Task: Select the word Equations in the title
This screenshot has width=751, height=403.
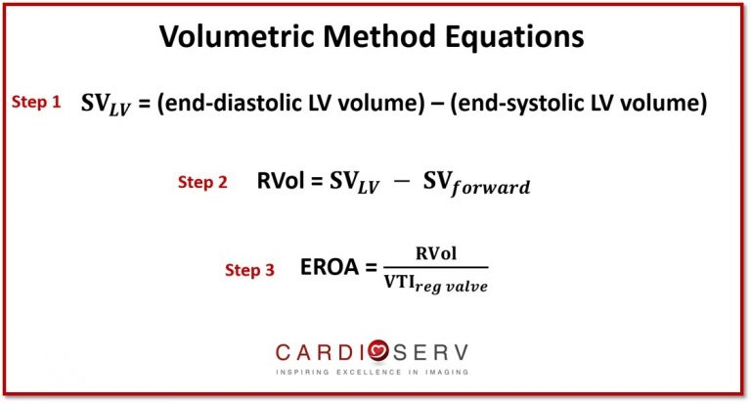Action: coord(515,37)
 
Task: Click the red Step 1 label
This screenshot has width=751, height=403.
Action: coord(36,102)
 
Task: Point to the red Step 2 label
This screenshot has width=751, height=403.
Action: coord(202,182)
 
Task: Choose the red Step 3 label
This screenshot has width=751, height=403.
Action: coord(249,270)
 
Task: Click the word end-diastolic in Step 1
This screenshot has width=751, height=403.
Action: coord(232,103)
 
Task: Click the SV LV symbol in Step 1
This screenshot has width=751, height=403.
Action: coord(106,105)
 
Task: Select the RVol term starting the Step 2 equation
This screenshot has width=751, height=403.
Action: coord(281,181)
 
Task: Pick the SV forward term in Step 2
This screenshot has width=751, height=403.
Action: coord(476,184)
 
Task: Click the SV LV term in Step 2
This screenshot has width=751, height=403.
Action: coord(354,183)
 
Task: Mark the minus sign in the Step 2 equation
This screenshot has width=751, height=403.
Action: coord(401,182)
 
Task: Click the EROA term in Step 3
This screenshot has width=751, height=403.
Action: coord(330,267)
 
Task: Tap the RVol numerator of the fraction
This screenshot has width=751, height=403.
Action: coord(436,253)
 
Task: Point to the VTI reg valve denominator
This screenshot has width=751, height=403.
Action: coord(436,285)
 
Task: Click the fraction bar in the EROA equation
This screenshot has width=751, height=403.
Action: coord(436,267)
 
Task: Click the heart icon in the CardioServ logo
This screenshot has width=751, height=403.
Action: coord(378,351)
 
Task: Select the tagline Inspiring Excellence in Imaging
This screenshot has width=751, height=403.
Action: coord(373,372)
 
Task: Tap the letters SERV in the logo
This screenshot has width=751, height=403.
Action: coord(430,353)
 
